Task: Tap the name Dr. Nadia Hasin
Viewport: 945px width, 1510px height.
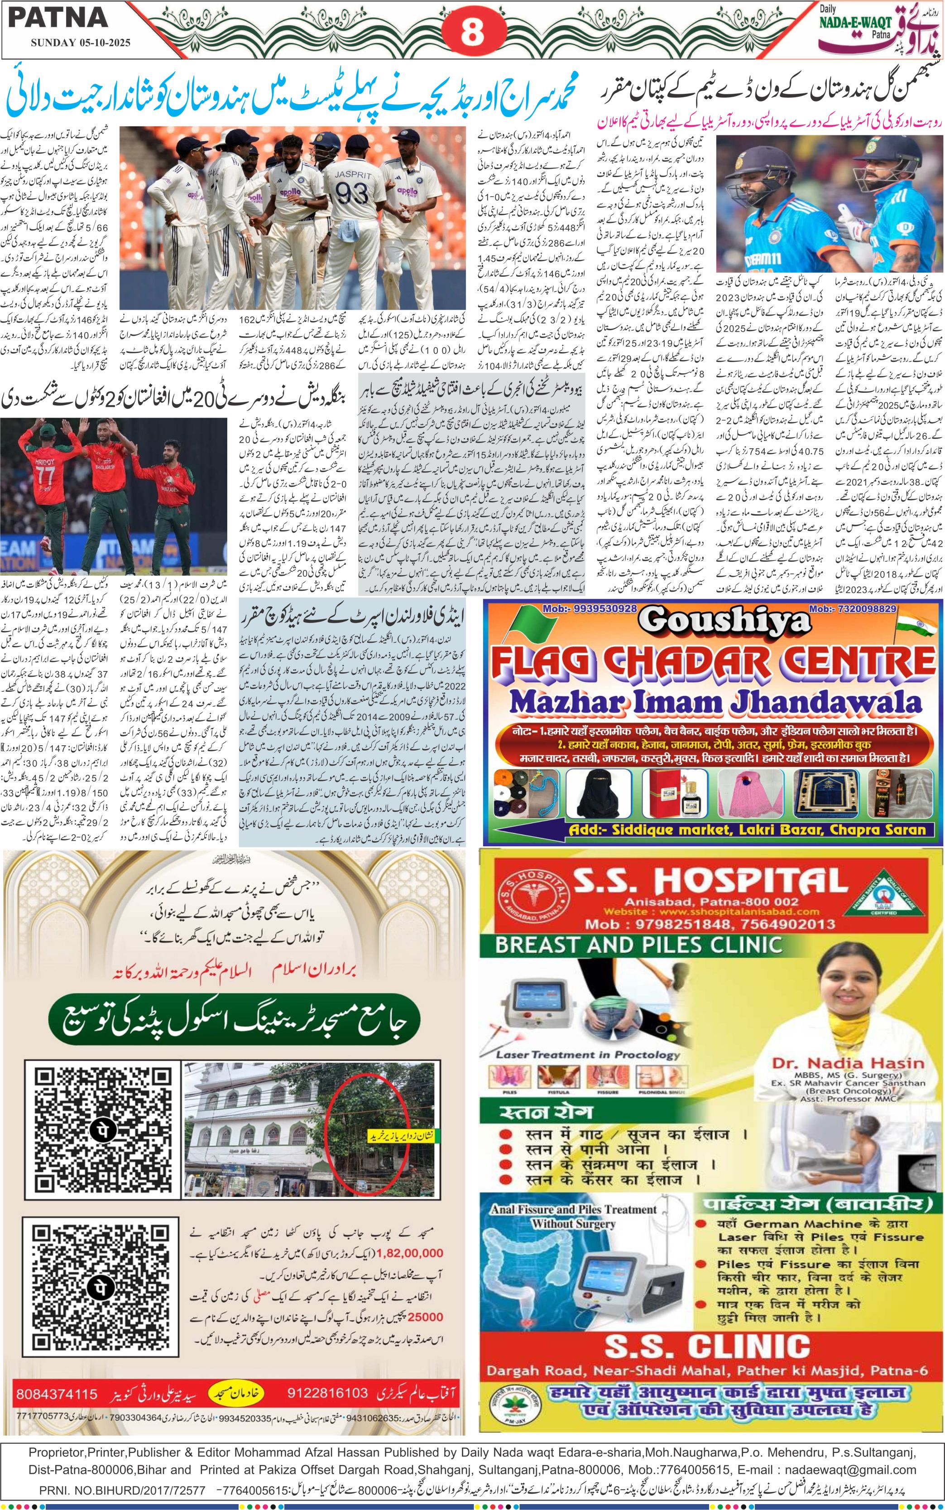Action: point(848,1063)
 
